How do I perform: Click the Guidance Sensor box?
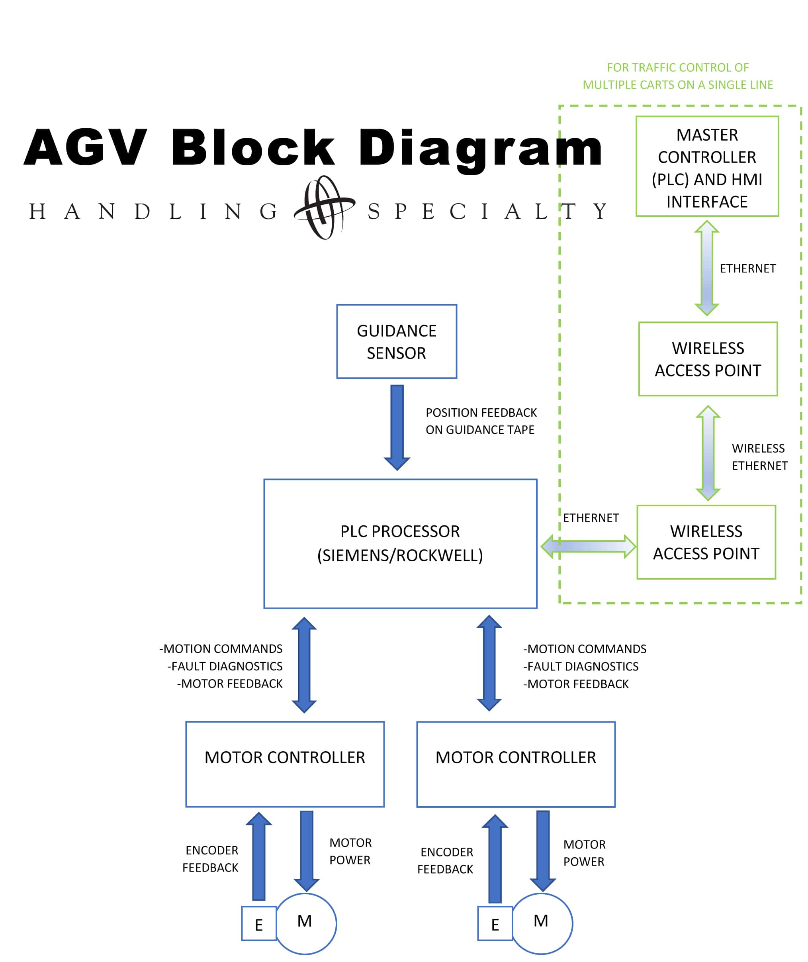[x=396, y=341]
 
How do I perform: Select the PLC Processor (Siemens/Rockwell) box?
[x=400, y=543]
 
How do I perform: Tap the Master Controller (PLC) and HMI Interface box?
[x=707, y=166]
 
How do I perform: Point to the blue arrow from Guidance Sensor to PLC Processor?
[x=397, y=426]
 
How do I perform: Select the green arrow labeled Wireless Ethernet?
[x=708, y=453]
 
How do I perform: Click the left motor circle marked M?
[x=305, y=923]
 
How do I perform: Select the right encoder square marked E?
[x=495, y=923]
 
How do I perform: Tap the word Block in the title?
[x=253, y=147]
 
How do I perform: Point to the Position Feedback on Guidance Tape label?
[x=481, y=421]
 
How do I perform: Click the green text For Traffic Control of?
[x=677, y=68]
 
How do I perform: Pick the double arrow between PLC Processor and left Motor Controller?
[x=304, y=665]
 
